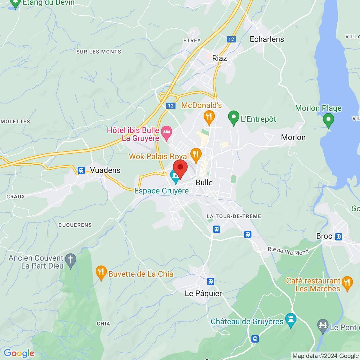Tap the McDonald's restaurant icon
pos(209,117)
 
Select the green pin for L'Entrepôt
pos(233,117)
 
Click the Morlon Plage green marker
pos(328,120)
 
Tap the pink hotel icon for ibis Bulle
pos(166,132)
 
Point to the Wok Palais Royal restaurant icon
pos(196,154)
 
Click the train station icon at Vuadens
pos(81,170)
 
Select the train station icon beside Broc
pos(339,237)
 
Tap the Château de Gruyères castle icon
pos(291,320)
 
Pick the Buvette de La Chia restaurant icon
pos(101,272)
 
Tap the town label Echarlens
pos(267,39)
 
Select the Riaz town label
pos(219,58)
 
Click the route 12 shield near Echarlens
pos(231,39)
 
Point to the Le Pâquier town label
pos(203,293)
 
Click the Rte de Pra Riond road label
pos(288,251)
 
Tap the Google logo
pos(19,353)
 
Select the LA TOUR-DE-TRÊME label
pos(234,216)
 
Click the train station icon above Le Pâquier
pos(211,281)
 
